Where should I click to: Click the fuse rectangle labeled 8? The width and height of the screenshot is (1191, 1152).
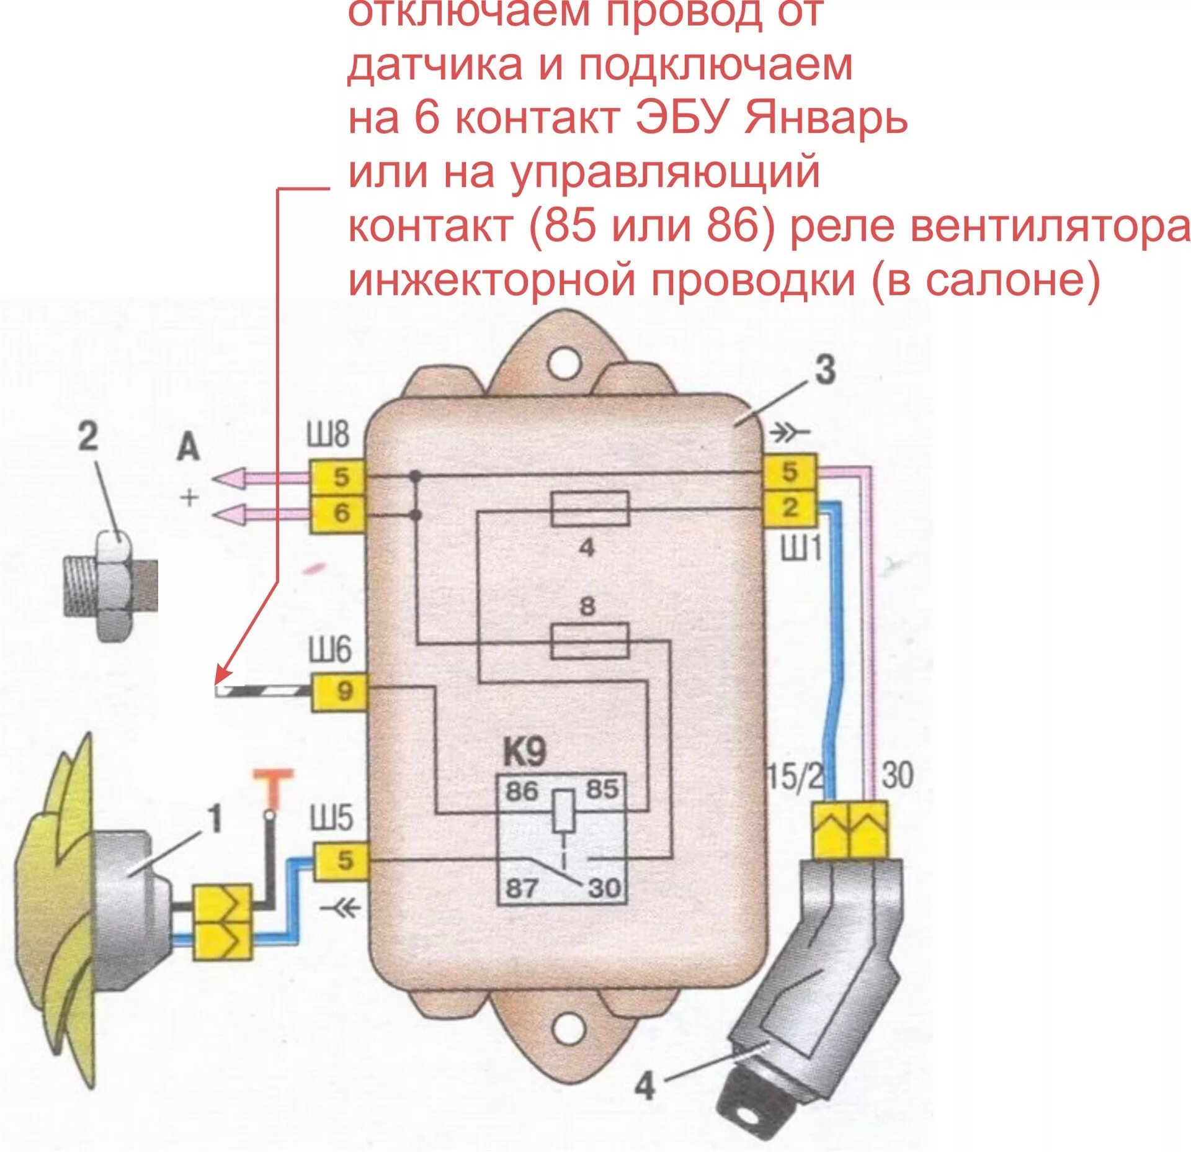(589, 641)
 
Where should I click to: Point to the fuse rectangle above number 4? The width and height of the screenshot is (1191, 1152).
(589, 509)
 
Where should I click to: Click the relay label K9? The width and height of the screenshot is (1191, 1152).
(524, 752)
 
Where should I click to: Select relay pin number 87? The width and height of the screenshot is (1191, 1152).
(521, 888)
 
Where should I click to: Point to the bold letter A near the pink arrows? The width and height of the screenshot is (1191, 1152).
(188, 447)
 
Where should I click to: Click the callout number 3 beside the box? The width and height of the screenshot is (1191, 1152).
(824, 371)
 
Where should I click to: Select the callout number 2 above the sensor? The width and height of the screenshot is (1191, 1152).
(87, 436)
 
